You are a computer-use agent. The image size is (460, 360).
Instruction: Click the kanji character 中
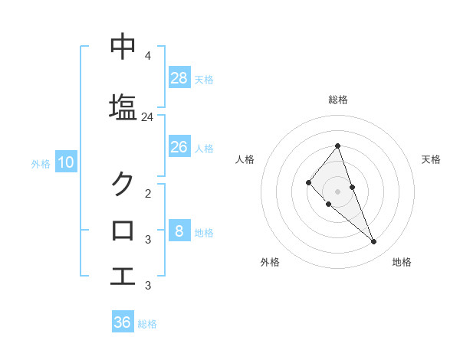click(123, 47)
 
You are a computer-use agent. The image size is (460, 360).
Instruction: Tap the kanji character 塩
click(123, 106)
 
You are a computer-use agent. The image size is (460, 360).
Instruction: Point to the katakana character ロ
click(123, 230)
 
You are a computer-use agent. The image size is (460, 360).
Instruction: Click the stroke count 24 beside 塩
click(147, 116)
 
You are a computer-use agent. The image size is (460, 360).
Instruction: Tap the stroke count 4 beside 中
click(147, 56)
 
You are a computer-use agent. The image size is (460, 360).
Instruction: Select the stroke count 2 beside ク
click(147, 193)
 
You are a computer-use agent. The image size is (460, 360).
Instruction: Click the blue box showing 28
click(179, 77)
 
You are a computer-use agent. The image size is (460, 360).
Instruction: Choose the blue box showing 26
click(179, 146)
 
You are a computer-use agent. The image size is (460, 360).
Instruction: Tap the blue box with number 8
click(179, 231)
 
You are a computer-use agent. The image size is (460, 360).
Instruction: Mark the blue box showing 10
click(65, 162)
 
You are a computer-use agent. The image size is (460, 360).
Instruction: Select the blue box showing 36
click(123, 322)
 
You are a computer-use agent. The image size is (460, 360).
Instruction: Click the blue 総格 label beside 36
click(147, 324)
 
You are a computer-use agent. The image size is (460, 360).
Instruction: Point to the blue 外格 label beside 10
click(41, 163)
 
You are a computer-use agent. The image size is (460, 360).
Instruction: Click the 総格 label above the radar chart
click(337, 100)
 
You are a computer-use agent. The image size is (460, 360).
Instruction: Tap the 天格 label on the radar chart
click(431, 159)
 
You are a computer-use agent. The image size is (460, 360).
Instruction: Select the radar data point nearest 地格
click(373, 242)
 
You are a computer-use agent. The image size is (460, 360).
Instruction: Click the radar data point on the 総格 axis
click(337, 146)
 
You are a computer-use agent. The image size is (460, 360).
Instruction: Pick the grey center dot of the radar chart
click(337, 191)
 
